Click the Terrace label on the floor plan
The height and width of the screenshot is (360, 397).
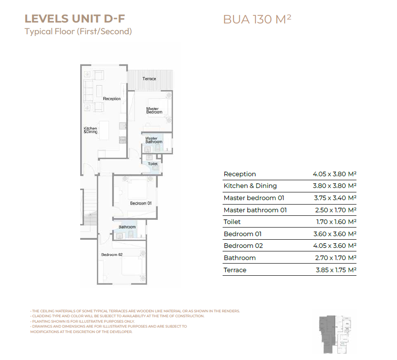coord(149,79)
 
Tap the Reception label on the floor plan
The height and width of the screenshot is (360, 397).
coord(112,99)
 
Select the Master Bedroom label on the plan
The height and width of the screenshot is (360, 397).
coord(154,110)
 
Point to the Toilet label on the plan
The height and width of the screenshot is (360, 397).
coord(153,164)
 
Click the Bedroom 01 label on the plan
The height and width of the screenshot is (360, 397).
coord(141,203)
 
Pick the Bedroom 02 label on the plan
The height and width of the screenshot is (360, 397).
coord(112,255)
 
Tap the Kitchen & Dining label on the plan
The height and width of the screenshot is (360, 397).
coord(91,130)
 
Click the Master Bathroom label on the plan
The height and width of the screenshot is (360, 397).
coord(154,140)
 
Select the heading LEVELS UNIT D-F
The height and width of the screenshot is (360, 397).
coord(75,19)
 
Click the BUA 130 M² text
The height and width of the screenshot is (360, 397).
coord(257,19)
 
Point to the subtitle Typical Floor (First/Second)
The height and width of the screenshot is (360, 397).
coord(78,32)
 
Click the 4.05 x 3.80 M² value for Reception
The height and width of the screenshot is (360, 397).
coord(334,174)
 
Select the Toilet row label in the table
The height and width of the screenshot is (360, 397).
coord(232,222)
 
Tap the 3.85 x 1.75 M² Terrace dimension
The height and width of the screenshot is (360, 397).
coord(336,270)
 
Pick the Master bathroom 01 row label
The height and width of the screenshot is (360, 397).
coord(255,210)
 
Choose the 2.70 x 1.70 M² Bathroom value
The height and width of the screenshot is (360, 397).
coord(336,258)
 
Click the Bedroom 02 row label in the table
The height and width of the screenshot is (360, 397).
coord(243,246)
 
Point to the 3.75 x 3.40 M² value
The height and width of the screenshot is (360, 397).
coord(335,198)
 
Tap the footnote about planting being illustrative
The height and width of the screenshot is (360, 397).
coord(82,321)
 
